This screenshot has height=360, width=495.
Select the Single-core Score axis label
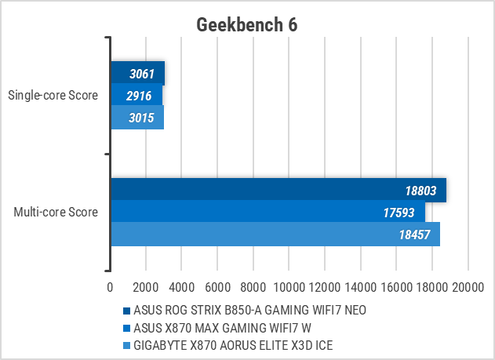[x=53, y=96]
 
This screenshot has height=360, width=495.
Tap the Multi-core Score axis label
[x=56, y=212]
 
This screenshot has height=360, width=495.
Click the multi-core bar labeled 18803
[x=278, y=190]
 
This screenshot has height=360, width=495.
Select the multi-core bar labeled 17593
[x=267, y=212]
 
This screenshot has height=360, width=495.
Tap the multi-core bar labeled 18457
[x=275, y=234]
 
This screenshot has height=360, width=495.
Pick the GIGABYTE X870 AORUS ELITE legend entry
[x=239, y=346]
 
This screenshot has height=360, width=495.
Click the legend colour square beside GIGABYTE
[x=127, y=346]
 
